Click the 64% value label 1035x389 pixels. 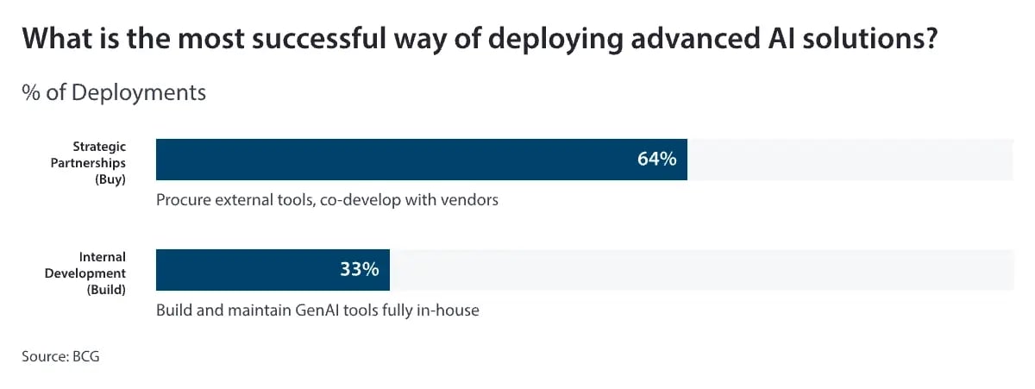[x=656, y=160]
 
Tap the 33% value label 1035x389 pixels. [x=360, y=269]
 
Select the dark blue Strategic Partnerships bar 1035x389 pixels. [x=388, y=160]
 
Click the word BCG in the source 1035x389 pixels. [x=85, y=355]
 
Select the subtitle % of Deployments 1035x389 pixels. [x=114, y=92]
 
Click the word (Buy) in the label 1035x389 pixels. [x=111, y=179]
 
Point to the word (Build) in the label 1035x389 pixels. [x=106, y=290]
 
